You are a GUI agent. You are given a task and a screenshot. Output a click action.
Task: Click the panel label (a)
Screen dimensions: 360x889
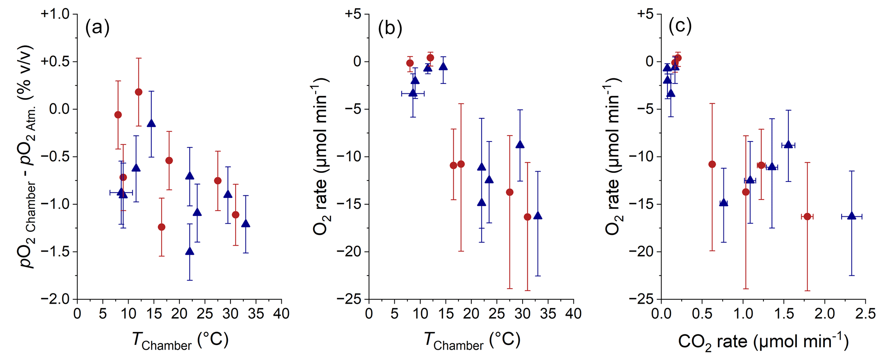tap(98, 28)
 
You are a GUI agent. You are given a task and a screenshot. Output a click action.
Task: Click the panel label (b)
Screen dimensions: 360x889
tap(390, 28)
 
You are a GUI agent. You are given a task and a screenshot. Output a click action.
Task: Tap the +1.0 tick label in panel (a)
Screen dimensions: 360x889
tap(55, 14)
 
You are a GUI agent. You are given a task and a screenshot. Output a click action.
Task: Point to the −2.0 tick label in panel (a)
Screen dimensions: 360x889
tap(55, 299)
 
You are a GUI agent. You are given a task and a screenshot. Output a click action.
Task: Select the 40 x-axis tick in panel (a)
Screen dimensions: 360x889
tap(281, 314)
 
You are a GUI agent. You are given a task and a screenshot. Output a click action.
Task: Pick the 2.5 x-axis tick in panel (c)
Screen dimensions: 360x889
tap(865, 314)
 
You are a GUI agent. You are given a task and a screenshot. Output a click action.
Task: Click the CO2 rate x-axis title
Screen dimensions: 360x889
tap(763, 342)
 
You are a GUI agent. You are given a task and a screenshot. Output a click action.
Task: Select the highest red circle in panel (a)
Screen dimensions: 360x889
tap(138, 92)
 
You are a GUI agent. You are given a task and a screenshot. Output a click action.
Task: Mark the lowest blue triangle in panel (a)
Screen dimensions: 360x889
tap(190, 252)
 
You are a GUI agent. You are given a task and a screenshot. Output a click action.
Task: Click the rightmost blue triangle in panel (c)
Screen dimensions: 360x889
tap(852, 216)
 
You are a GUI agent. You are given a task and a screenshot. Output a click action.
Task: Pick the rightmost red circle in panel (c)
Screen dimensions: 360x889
tap(807, 216)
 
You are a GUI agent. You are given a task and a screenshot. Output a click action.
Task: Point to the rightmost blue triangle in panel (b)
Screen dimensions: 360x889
tap(538, 216)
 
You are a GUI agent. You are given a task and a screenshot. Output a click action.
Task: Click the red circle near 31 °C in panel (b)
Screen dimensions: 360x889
tap(527, 217)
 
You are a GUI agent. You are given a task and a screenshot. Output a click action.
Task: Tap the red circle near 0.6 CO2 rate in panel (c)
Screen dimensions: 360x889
tap(712, 164)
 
